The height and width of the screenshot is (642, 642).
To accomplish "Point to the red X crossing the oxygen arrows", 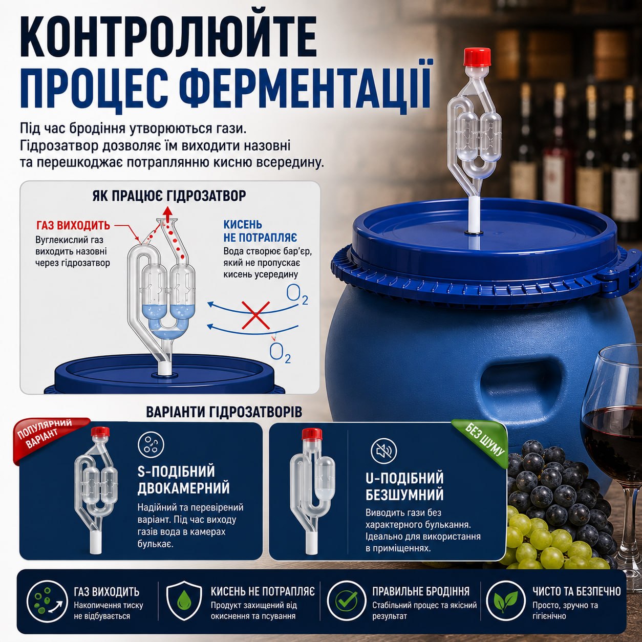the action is click(x=255, y=315).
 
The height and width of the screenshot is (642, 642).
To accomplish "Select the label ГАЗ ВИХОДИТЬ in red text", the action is click(x=73, y=226).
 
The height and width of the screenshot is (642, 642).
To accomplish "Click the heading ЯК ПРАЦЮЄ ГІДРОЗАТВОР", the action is click(x=169, y=196).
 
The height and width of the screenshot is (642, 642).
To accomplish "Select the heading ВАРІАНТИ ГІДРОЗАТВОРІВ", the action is click(x=224, y=412).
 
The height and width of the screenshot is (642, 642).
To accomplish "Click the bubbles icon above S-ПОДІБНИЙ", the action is click(x=151, y=445).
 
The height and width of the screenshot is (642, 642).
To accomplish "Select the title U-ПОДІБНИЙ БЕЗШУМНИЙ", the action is click(x=404, y=486).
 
